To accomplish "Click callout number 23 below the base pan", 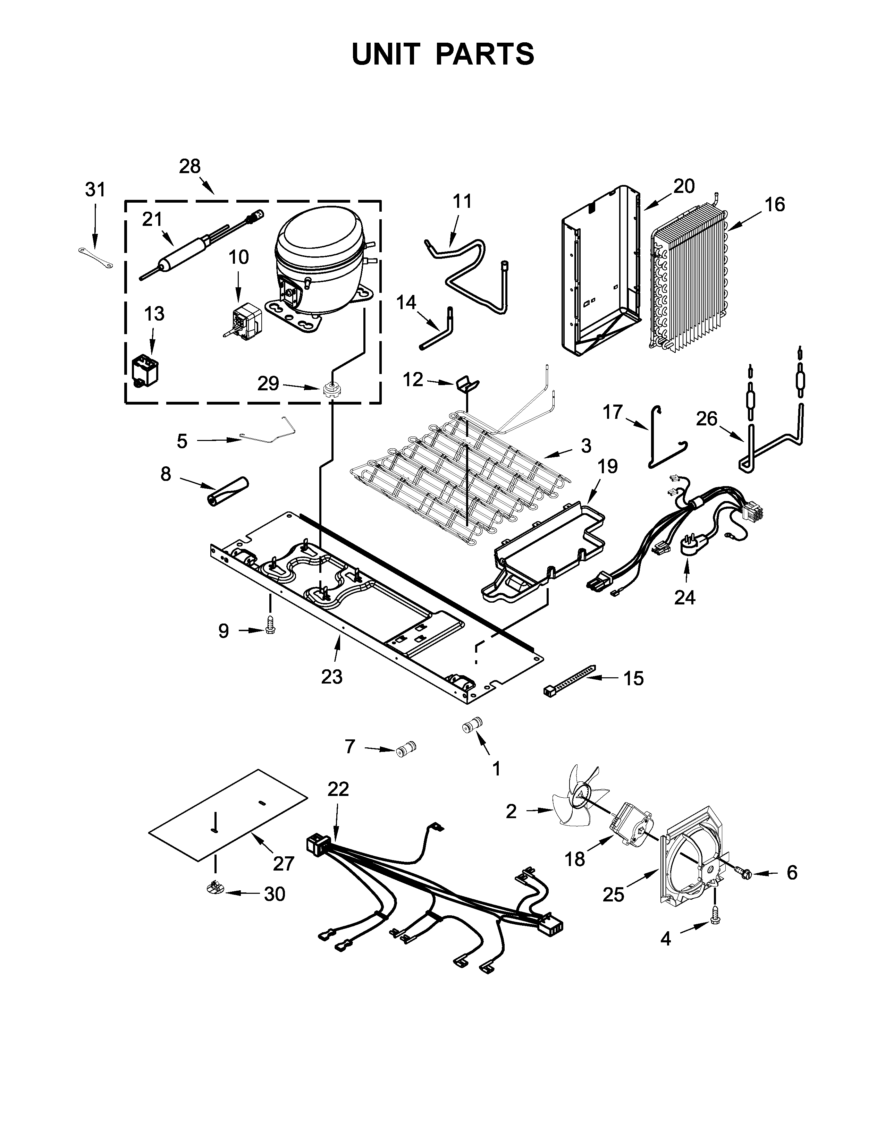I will (331, 676).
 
